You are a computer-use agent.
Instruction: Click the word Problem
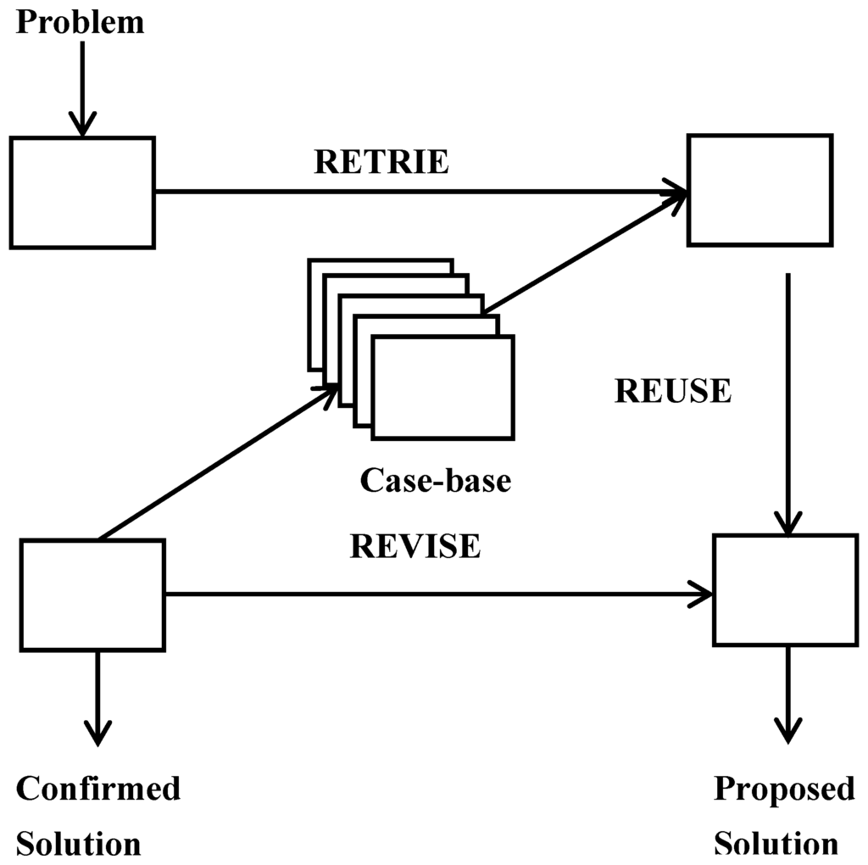[x=81, y=22]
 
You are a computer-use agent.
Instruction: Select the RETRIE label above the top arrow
[x=381, y=161]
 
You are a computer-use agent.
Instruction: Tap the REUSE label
[x=672, y=391]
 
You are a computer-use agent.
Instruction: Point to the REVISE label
[x=415, y=546]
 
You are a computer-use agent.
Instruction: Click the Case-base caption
[x=436, y=481]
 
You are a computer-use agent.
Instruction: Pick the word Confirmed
[x=98, y=789]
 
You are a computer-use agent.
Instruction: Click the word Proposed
[x=784, y=789]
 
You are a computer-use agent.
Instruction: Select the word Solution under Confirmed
[x=79, y=844]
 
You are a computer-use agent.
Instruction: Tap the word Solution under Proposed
[x=776, y=844]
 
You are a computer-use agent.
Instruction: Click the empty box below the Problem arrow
[x=82, y=193]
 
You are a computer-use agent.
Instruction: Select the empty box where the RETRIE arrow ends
[x=759, y=190]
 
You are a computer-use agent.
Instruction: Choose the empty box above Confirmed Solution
[x=92, y=595]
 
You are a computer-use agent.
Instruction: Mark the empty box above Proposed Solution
[x=786, y=589]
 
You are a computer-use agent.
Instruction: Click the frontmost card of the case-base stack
[x=442, y=388]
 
